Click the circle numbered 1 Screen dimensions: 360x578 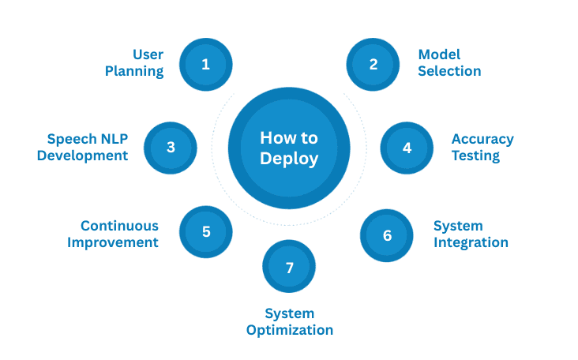(205, 64)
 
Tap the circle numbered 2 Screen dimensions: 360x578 (374, 64)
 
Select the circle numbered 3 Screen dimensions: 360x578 (171, 147)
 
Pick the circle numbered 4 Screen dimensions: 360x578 (407, 147)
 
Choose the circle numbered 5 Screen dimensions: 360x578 (206, 232)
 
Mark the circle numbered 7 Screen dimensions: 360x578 (289, 268)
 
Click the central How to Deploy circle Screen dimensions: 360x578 (289, 148)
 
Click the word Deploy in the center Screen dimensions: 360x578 (289, 158)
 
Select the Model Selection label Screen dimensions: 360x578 (449, 63)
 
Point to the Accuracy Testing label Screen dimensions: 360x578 (482, 147)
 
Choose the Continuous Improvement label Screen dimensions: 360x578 (113, 234)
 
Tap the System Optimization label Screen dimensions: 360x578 (289, 322)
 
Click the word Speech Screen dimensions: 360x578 (71, 139)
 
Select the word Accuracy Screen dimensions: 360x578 (482, 139)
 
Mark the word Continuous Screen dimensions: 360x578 (119, 227)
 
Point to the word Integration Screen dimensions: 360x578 (471, 242)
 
